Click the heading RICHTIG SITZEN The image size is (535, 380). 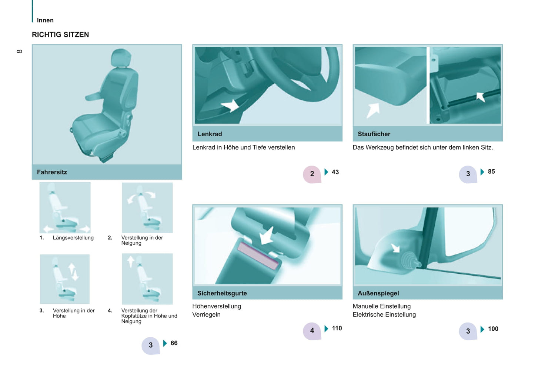60,35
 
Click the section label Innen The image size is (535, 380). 45,20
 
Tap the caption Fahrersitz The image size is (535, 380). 52,172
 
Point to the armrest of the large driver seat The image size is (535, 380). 94,96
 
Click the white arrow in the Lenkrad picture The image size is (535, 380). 230,106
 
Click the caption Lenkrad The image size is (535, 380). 210,134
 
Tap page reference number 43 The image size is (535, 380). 335,172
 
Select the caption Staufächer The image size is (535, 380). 374,134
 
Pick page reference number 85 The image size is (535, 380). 491,171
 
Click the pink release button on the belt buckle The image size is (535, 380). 258,256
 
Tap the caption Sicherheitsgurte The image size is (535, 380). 222,293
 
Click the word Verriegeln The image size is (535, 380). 206,314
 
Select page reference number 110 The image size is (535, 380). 337,329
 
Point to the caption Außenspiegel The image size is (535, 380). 378,293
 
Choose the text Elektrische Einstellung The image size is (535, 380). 384,314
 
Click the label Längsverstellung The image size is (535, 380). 73,238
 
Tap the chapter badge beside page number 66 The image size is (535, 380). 151,346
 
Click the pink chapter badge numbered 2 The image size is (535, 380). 312,174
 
